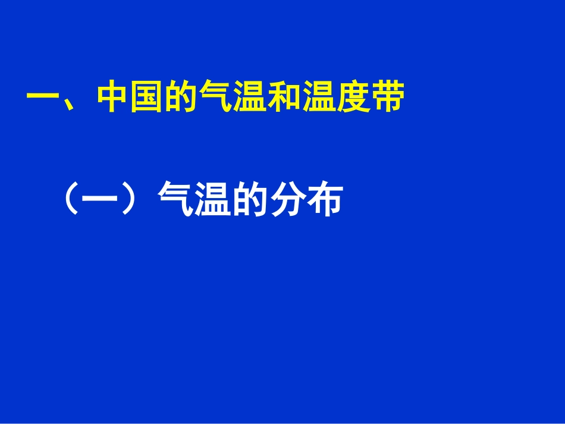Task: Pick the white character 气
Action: (x=174, y=200)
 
